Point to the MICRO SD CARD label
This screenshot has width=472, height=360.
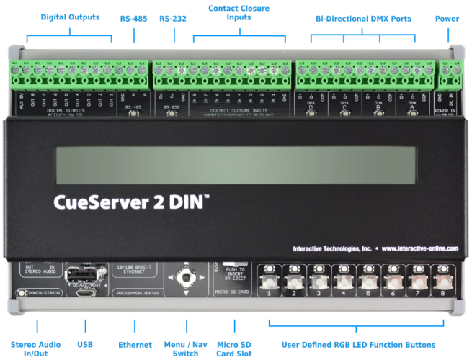[233, 292]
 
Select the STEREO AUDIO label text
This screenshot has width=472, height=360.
[39, 269]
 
